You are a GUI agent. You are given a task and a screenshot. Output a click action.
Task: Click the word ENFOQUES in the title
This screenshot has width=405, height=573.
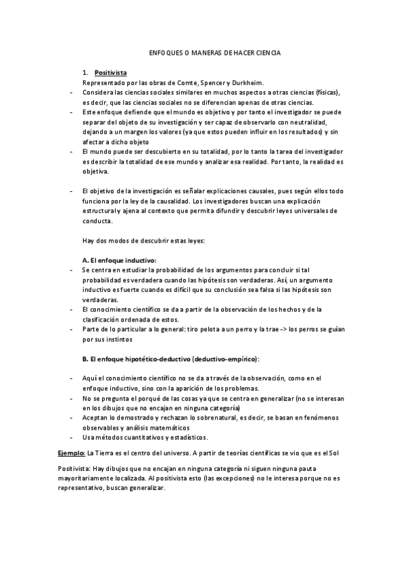coord(164,53)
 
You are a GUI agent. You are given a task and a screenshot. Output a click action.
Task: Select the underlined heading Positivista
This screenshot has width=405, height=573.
coord(110,72)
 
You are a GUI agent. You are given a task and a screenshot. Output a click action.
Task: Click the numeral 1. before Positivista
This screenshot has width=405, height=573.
coord(85,72)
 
